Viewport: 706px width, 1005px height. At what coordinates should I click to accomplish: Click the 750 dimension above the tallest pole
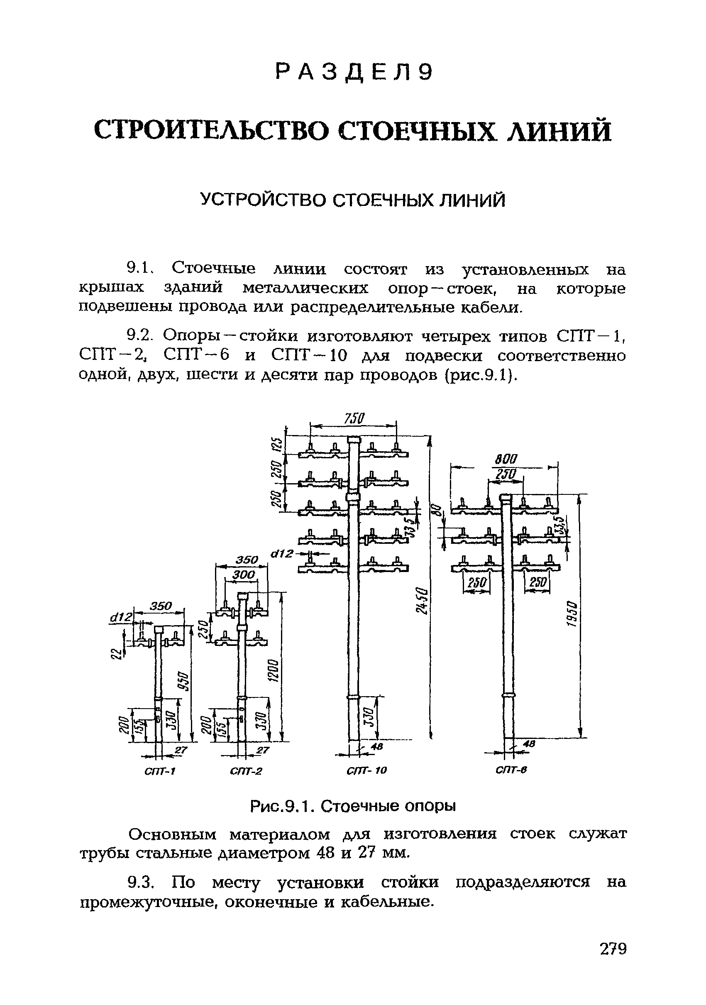click(x=354, y=419)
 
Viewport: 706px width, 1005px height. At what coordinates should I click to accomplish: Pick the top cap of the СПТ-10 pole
click(x=354, y=440)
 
